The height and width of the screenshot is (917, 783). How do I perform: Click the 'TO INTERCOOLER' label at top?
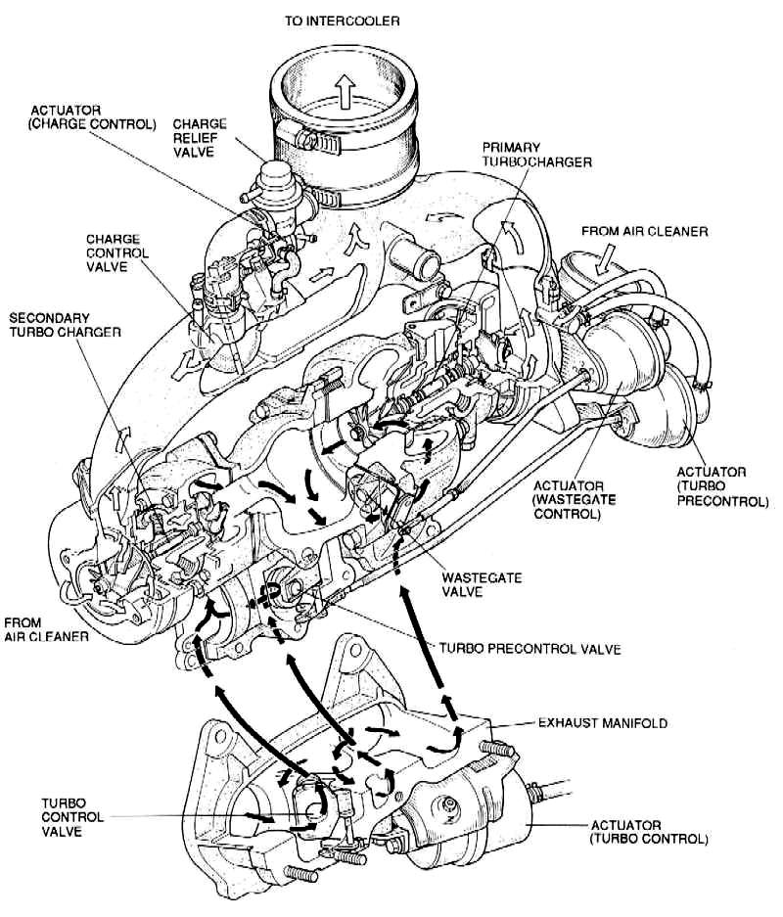343,20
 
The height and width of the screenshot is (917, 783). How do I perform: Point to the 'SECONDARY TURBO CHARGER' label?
66,326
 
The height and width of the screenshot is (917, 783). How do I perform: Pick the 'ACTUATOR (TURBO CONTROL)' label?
649,832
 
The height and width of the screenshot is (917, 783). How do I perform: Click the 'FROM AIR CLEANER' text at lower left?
47,629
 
